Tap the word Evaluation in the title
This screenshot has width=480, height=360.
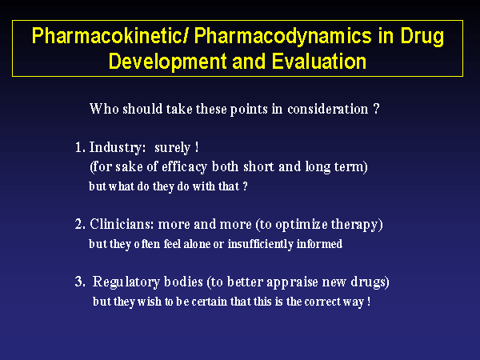coord(318,62)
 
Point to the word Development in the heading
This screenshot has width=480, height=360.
coord(167,62)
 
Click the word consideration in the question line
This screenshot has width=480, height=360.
coord(327,109)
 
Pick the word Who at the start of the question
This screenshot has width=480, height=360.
coord(104,109)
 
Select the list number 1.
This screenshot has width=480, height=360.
coord(80,147)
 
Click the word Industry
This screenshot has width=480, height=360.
coord(116,148)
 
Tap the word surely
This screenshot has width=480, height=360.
coord(172,148)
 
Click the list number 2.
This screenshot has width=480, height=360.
coord(80,224)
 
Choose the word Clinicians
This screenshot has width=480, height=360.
coord(122,224)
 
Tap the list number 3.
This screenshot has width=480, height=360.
coord(80,282)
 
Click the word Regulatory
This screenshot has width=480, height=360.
coord(126,282)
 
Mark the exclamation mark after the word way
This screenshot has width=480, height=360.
coord(369,302)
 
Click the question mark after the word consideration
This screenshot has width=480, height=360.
coord(377,109)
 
